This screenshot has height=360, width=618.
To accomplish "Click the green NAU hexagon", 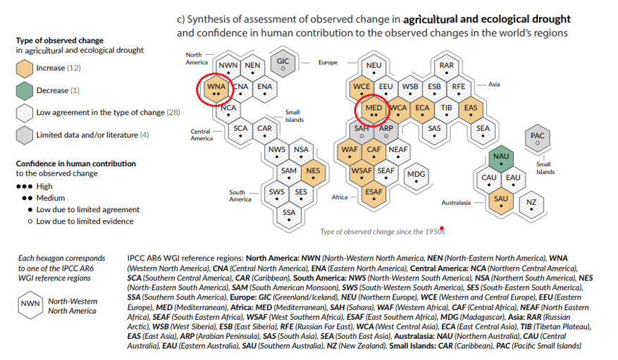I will point(501,159).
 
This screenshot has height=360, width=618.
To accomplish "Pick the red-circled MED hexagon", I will point(373,110).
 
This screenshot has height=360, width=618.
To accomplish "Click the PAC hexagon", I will point(537,138).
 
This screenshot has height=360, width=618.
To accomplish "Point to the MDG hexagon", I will point(416,174).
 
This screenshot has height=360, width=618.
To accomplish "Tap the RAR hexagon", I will point(446,68).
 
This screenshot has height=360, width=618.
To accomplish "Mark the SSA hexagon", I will point(289,213).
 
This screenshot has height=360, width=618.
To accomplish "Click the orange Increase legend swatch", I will point(24,68).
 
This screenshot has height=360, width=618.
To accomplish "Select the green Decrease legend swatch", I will point(24,90).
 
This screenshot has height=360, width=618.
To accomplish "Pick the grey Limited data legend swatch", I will point(24,135).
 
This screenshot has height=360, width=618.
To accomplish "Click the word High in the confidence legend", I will point(44,187).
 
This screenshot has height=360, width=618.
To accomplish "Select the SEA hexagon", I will point(483,129).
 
